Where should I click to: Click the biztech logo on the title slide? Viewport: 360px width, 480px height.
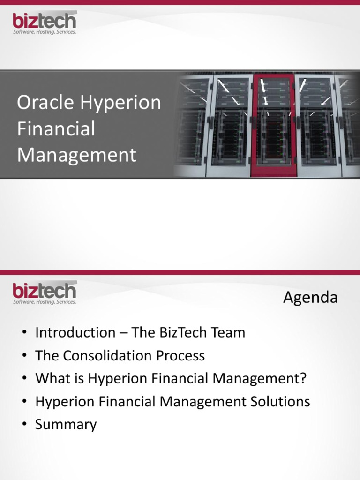[44, 23]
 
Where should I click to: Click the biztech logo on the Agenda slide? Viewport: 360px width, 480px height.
[44, 293]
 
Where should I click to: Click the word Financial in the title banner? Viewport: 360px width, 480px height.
[56, 129]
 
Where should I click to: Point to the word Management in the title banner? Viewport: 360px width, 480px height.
[76, 155]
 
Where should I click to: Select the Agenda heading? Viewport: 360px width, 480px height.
[310, 298]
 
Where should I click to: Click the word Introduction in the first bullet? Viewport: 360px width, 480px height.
[75, 333]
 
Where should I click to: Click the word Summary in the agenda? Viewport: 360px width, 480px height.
[66, 425]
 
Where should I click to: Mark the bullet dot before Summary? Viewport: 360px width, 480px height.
[24, 425]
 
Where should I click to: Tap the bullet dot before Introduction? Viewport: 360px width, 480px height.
[24, 333]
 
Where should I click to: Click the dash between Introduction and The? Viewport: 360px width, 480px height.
[123, 333]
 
